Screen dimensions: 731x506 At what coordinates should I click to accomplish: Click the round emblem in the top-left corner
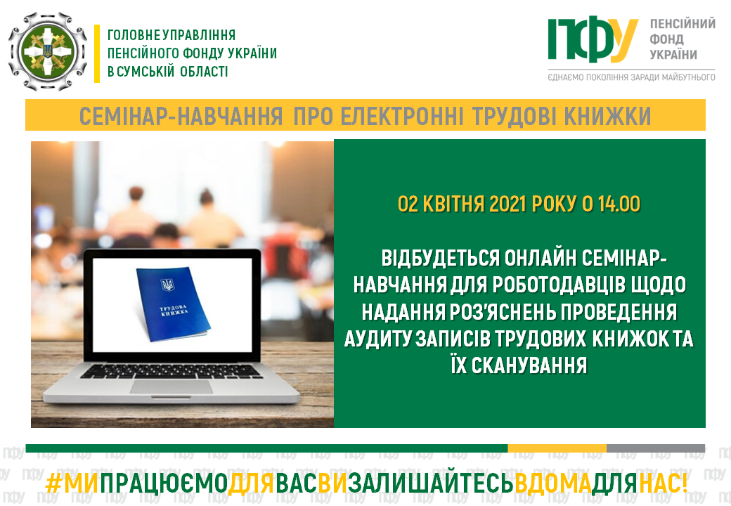tap(48, 51)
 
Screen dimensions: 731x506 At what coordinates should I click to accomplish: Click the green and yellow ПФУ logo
tap(593, 39)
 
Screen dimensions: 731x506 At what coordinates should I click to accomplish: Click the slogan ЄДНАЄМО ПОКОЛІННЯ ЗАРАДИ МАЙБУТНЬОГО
tap(631, 77)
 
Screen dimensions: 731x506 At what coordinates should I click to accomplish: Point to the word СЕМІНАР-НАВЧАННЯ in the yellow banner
tap(181, 115)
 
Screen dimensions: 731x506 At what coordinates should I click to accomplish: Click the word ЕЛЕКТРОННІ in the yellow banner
tap(402, 115)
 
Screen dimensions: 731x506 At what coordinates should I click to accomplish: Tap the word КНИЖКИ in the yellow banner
tap(607, 115)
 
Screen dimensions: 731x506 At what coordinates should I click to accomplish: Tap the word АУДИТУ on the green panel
tap(378, 339)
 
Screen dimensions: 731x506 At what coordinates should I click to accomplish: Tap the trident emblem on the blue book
tap(167, 284)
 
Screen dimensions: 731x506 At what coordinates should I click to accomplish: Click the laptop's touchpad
tap(171, 387)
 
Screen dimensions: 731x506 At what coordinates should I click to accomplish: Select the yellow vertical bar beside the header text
tap(97, 53)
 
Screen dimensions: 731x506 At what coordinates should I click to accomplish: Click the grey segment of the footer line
tap(656, 448)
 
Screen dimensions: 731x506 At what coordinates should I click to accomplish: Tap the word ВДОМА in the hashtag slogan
tap(552, 484)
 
